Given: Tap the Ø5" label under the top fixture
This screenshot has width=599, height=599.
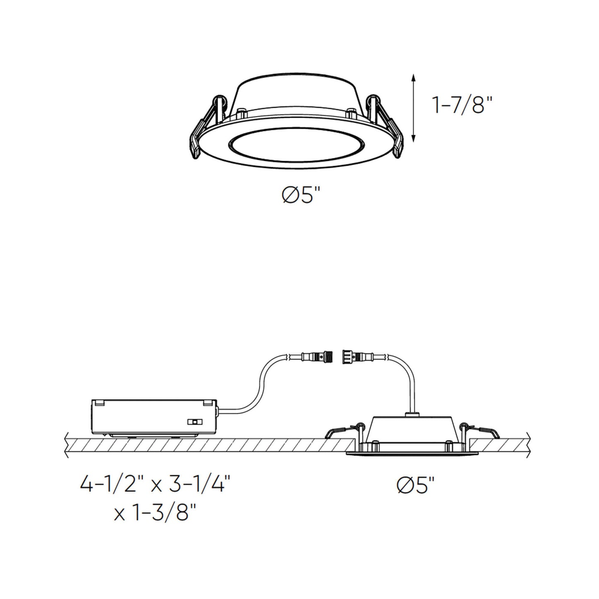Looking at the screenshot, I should pos(302,195).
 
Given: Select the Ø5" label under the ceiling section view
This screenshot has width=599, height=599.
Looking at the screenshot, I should pos(416,485).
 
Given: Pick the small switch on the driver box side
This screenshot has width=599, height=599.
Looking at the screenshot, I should pos(193,422).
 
